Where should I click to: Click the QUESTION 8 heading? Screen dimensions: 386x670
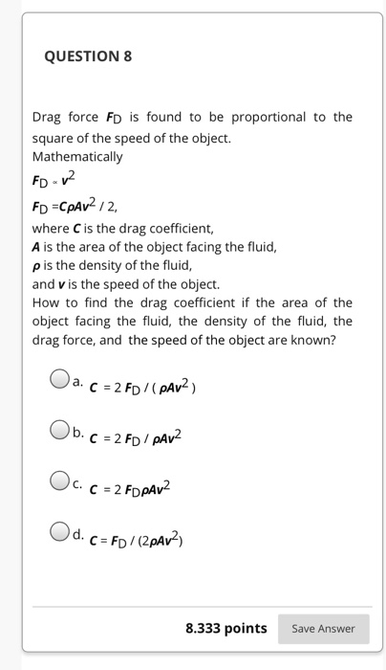click(88, 56)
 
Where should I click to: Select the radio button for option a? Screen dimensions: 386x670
click(59, 380)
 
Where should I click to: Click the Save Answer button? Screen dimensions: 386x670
click(323, 628)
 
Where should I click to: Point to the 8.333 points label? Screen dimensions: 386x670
click(225, 628)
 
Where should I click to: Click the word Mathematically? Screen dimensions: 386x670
click(77, 156)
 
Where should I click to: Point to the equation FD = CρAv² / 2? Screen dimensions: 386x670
click(87, 203)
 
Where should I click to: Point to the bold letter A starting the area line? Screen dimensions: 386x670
click(36, 247)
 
